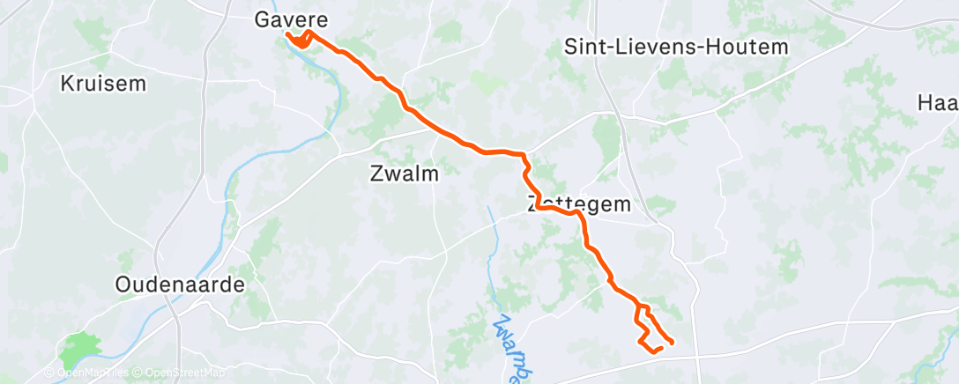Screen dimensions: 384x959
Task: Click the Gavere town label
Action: (x=291, y=18)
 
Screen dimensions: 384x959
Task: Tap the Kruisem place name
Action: (x=102, y=85)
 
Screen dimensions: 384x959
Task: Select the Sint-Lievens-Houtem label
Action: (x=675, y=48)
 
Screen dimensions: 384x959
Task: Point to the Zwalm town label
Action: (x=404, y=174)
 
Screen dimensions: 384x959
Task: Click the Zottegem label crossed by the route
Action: (x=579, y=204)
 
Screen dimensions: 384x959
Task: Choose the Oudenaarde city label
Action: (x=180, y=284)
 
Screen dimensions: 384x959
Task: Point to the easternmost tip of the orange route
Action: (x=673, y=342)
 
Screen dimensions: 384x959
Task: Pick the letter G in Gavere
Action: (x=263, y=18)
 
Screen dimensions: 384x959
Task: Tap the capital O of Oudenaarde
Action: (x=123, y=284)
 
